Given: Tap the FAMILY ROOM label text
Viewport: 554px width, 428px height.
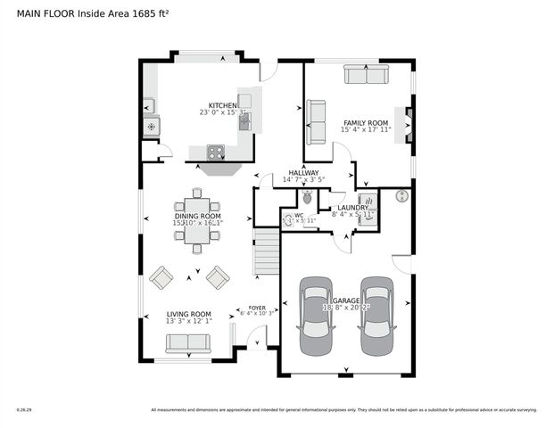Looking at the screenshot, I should (366, 122).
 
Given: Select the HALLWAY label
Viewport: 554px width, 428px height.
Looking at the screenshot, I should (303, 173).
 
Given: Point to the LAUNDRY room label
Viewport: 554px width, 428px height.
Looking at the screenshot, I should (352, 208).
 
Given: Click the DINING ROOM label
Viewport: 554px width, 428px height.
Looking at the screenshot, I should (197, 216).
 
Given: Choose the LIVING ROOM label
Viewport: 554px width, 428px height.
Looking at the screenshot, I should (189, 314).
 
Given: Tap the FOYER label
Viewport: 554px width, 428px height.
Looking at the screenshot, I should (257, 308).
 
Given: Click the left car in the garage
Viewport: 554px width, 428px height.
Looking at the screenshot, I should (316, 317).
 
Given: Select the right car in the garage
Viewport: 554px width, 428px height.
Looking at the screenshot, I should (376, 317).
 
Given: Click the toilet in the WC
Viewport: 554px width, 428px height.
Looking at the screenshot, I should (308, 196).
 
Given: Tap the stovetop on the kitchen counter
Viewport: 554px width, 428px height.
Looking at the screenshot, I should (216, 152).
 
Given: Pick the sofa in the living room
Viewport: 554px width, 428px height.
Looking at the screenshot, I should (188, 343).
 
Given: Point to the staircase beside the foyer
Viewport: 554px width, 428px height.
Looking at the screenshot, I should (268, 251).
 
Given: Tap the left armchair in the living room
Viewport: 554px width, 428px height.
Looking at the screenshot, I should (161, 278).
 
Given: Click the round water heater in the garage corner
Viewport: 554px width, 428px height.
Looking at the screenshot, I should (401, 195).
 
